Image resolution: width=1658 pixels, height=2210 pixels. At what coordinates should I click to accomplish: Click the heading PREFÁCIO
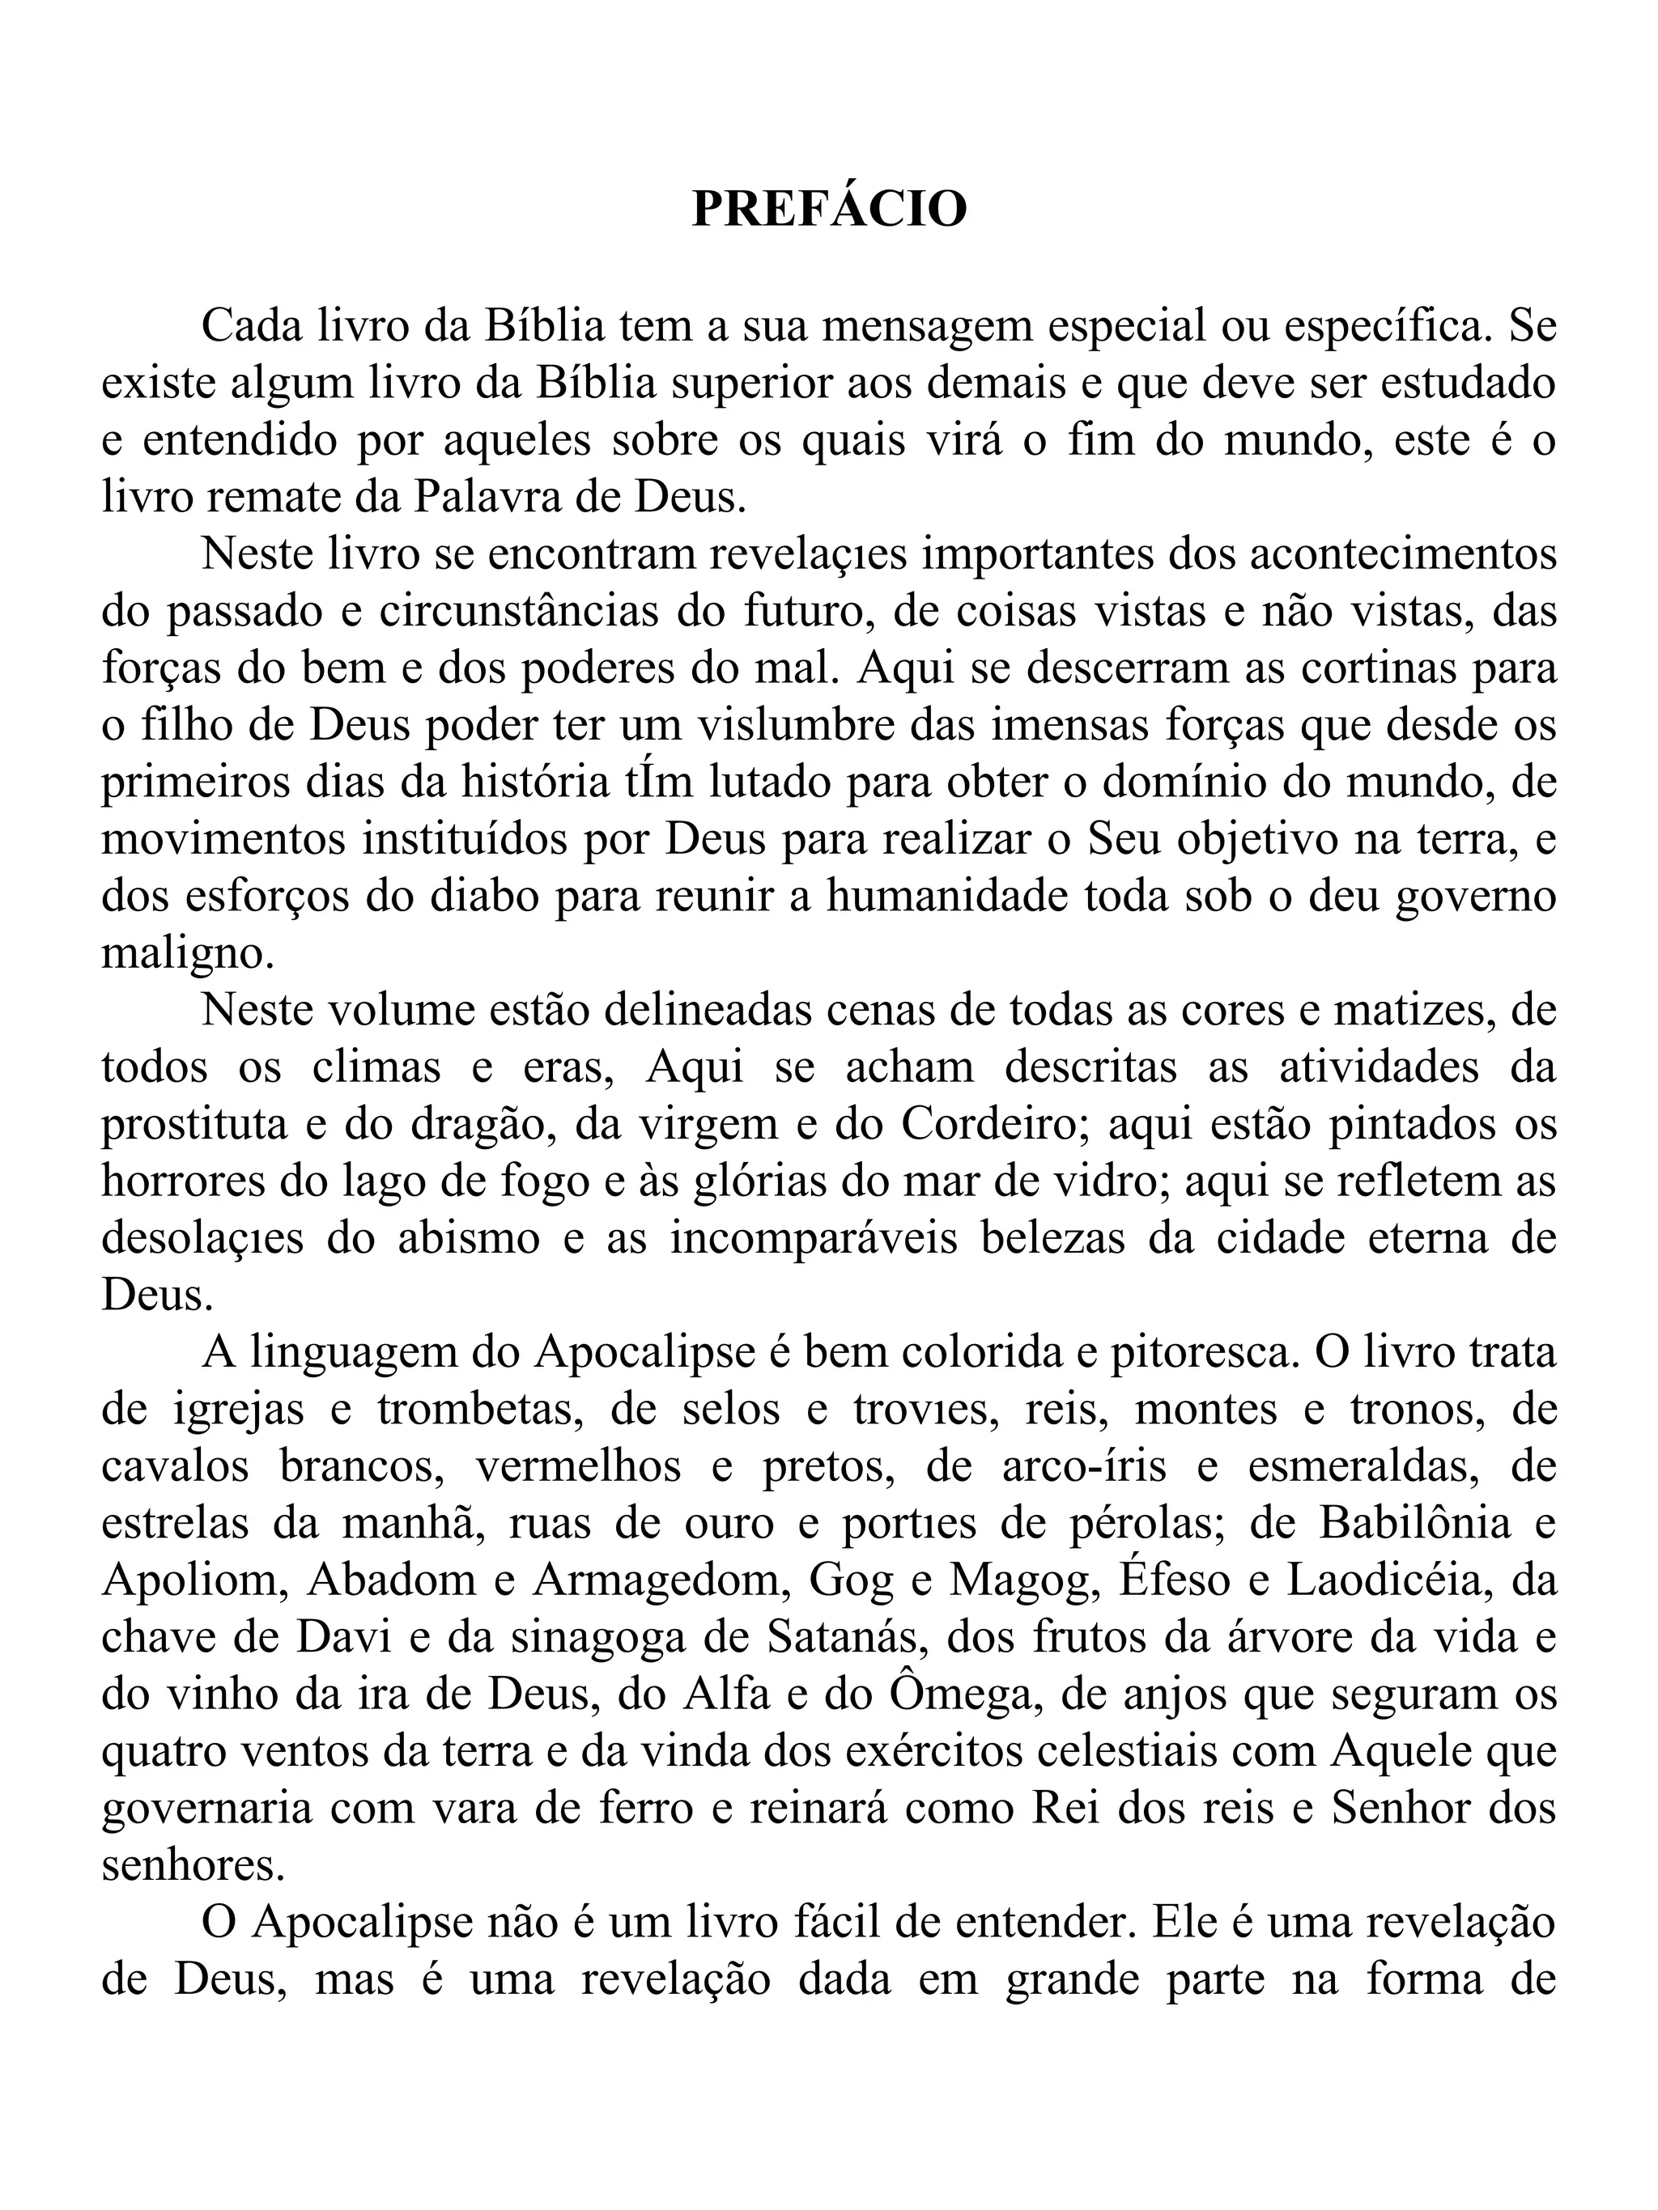(830, 210)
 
